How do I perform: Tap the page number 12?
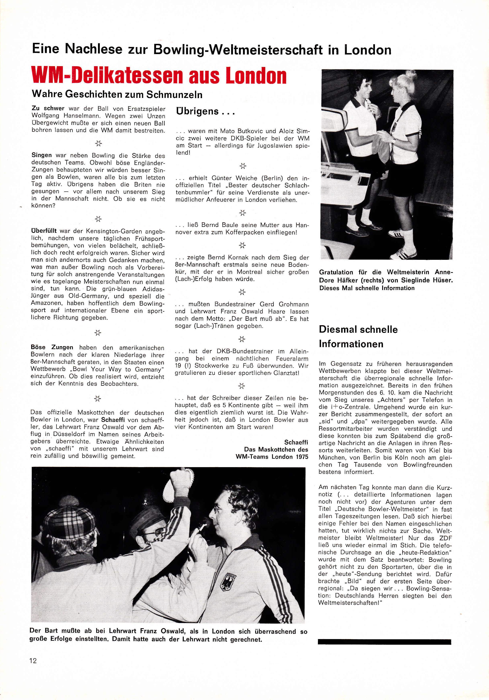pos(33,661)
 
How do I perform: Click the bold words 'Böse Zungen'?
pos(52,347)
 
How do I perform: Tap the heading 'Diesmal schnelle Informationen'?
pos(358,337)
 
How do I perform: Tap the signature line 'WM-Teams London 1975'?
pos(272,457)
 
